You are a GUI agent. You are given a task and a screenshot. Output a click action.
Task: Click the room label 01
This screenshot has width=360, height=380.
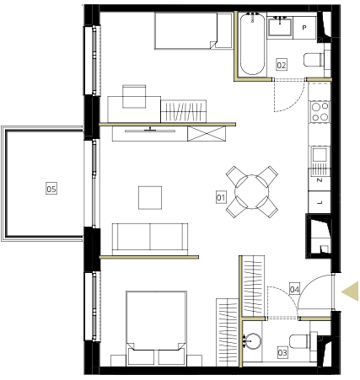click(x=221, y=197)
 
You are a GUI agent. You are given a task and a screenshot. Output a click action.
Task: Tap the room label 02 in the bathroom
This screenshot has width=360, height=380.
click(x=282, y=65)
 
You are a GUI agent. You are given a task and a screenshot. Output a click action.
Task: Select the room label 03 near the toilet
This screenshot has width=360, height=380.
click(x=282, y=352)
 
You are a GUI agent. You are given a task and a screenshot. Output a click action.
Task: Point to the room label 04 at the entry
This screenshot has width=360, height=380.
click(x=294, y=289)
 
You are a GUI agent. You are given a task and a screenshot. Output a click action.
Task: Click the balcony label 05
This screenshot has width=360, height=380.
click(x=51, y=189)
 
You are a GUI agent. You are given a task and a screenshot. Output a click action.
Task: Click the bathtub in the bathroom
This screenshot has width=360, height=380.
click(x=252, y=44)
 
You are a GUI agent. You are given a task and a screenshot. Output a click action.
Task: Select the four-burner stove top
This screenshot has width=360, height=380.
click(x=320, y=111)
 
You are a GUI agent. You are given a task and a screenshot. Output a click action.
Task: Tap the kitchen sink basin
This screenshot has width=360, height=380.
click(x=320, y=155)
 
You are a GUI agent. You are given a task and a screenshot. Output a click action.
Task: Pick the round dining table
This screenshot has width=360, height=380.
click(x=252, y=192)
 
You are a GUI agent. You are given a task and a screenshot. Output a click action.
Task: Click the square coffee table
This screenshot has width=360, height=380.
click(x=150, y=198)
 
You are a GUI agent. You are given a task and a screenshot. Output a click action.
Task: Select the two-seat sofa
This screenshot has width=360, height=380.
click(x=150, y=238)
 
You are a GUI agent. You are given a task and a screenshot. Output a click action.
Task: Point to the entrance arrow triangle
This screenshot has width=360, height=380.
click(x=351, y=292)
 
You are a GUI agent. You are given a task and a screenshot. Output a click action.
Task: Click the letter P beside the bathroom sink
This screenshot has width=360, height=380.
click(x=304, y=28)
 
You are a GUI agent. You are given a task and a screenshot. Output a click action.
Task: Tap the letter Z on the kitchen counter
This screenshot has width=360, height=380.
click(x=320, y=180)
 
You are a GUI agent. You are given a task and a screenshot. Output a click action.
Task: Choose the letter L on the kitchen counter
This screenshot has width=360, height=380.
click(x=320, y=202)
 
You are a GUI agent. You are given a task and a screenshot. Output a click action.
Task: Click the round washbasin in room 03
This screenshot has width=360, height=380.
click(x=253, y=341)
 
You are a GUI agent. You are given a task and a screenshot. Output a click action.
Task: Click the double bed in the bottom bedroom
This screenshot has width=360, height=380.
click(x=156, y=329)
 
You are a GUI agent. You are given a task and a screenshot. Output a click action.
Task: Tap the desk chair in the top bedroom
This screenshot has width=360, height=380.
click(x=134, y=96)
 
